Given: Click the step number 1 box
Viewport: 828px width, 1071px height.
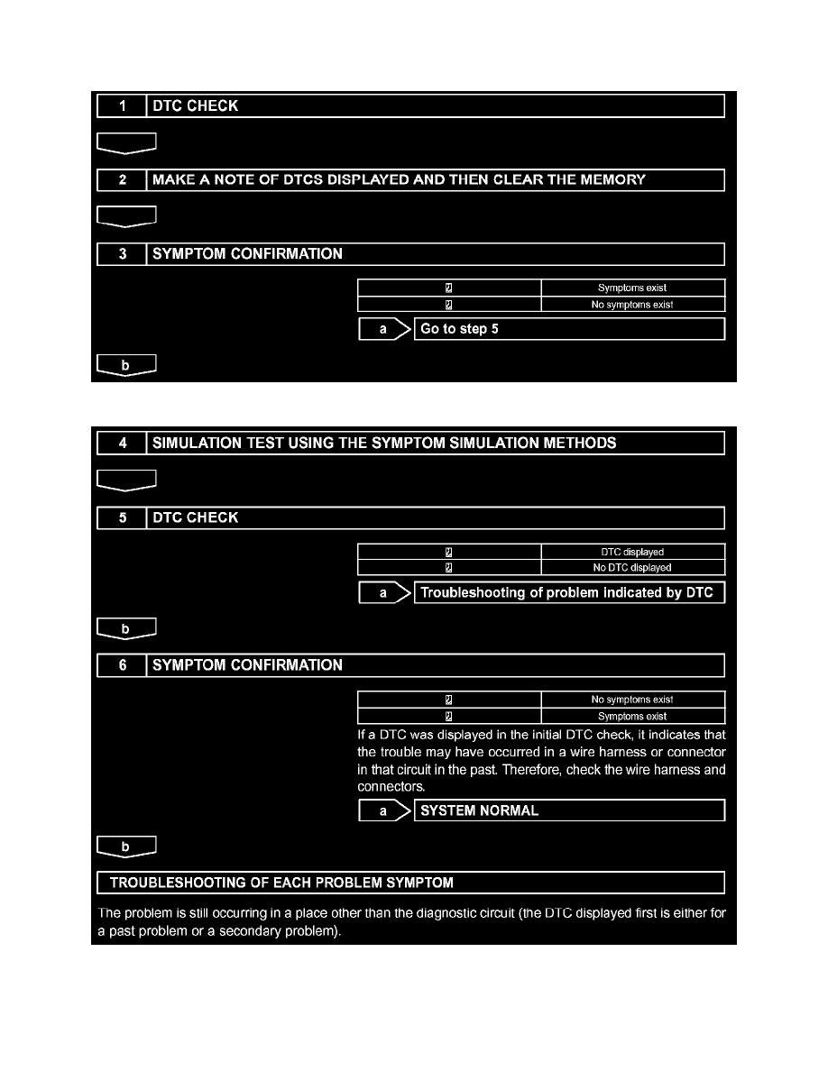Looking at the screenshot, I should (x=122, y=106).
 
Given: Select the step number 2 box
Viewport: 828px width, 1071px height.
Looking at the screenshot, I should (x=122, y=180).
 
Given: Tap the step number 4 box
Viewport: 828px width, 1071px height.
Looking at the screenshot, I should (x=122, y=444).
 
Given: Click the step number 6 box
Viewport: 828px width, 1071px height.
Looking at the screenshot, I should (x=122, y=666).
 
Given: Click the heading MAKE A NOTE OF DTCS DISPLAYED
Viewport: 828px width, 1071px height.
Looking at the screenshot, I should (x=399, y=180).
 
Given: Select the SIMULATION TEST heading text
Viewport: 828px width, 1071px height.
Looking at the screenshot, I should (x=384, y=444).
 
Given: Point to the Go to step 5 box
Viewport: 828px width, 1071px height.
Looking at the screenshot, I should (x=568, y=330).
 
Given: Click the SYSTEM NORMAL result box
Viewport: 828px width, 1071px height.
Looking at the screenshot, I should (x=568, y=811).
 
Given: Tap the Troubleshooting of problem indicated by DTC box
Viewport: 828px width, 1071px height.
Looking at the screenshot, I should (x=568, y=593).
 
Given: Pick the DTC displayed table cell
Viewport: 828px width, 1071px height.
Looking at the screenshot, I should (x=633, y=552).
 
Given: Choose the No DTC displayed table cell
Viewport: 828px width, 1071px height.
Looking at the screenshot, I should (x=633, y=568).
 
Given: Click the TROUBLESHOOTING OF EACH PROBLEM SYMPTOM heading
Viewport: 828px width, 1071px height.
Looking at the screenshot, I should (x=410, y=883).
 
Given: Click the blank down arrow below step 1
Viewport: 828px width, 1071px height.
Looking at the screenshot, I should (x=126, y=142).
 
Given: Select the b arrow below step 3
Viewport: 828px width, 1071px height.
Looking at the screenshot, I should (x=126, y=364).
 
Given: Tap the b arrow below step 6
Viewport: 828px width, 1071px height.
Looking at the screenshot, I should (x=126, y=847).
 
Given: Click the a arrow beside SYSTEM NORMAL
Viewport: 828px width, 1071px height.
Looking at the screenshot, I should (x=384, y=811).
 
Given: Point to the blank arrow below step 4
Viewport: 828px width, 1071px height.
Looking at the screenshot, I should (x=126, y=480).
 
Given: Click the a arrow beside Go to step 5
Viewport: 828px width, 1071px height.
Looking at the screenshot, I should (x=384, y=330).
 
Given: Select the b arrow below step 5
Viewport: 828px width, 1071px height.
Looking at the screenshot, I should (x=126, y=627).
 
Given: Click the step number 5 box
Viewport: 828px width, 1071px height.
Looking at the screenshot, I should (x=122, y=518).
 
